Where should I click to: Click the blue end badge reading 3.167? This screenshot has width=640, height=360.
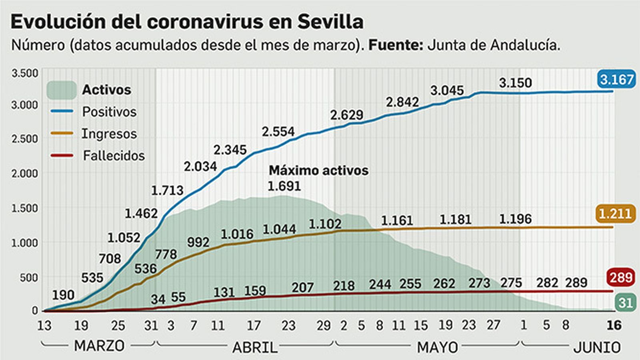click(x=616, y=79)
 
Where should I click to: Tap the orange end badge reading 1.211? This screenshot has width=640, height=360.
click(x=615, y=214)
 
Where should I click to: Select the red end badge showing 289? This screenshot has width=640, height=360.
click(x=620, y=277)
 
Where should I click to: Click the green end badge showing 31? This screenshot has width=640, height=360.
click(x=625, y=302)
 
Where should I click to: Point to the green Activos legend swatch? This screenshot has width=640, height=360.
click(x=61, y=90)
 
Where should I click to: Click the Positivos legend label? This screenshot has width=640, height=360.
click(x=109, y=112)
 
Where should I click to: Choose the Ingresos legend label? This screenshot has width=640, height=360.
click(x=109, y=134)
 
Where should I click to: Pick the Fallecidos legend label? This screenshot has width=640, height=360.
click(x=114, y=155)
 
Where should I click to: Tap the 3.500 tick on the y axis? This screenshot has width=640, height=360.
click(x=25, y=73)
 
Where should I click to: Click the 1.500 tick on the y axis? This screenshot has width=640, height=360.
click(x=25, y=208)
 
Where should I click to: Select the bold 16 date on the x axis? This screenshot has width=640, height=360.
click(x=614, y=325)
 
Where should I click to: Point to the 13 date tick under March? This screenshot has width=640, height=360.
click(x=44, y=326)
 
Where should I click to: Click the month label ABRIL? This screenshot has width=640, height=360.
click(x=255, y=347)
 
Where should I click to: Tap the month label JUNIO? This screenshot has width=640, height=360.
click(x=596, y=347)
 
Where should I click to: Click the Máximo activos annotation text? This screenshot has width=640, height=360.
click(x=318, y=170)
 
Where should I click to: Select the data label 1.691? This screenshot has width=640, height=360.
click(x=284, y=186)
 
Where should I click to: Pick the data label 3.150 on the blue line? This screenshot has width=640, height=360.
click(x=515, y=83)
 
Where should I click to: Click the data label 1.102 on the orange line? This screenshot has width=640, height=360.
click(x=325, y=224)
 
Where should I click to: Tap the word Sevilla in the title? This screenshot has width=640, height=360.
click(x=330, y=22)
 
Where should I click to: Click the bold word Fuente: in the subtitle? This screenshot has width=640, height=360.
click(x=395, y=45)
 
